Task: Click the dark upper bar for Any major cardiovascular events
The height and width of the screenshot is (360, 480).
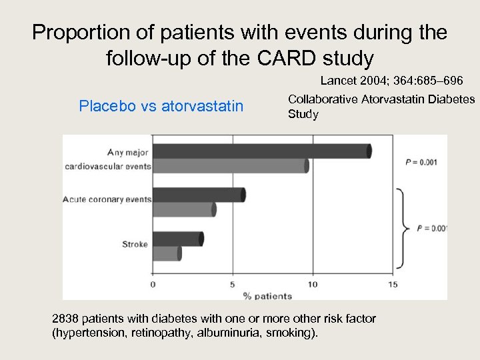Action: [261, 151]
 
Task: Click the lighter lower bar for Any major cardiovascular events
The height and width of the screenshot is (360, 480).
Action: [230, 166]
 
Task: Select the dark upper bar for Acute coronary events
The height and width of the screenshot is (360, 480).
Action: [198, 195]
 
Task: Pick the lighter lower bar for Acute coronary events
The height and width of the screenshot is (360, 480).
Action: [184, 209]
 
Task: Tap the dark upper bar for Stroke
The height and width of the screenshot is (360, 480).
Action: [177, 239]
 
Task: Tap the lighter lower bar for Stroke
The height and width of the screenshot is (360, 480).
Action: [167, 253]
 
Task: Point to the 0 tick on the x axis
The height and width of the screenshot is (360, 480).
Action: [153, 284]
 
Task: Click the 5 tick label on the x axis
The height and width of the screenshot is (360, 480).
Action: [233, 284]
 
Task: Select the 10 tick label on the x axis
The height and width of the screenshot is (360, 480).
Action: [312, 284]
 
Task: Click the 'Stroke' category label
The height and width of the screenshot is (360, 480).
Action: [135, 244]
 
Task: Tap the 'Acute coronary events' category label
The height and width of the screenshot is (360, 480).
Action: [107, 199]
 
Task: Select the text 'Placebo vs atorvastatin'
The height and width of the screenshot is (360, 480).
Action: [161, 106]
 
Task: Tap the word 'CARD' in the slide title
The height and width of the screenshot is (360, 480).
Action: [286, 59]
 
